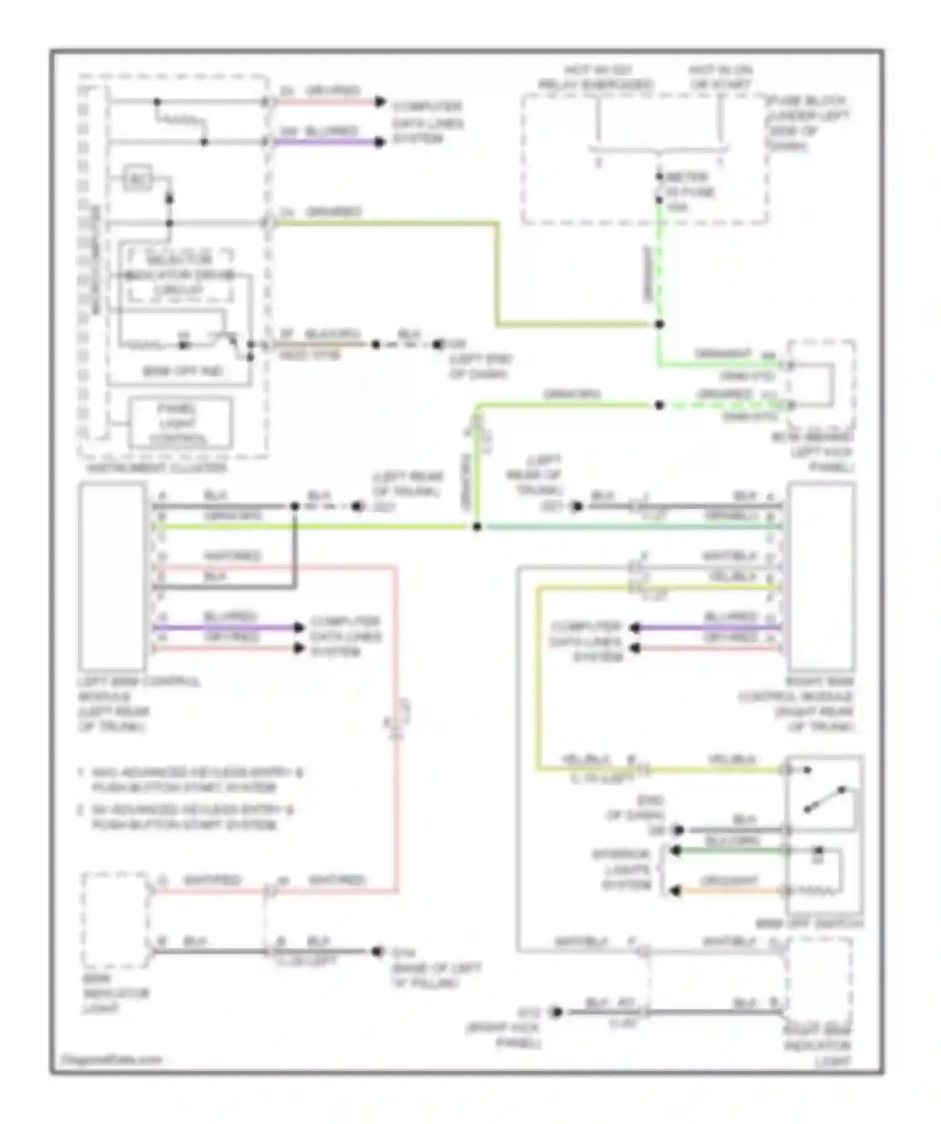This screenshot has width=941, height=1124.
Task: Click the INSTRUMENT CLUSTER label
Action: pos(156,468)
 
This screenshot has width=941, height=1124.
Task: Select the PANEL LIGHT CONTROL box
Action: pos(180,423)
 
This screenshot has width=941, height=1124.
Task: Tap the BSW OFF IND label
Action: pos(183,371)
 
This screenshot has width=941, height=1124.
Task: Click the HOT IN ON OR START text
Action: pos(720,77)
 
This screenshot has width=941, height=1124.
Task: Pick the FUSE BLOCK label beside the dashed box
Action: pos(808,123)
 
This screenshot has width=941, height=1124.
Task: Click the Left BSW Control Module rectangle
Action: pos(112,576)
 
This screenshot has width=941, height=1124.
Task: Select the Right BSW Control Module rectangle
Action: pos(821,576)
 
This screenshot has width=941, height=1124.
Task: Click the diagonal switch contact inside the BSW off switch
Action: pos(824,799)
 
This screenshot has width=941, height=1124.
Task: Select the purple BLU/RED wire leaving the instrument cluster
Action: pos(326,142)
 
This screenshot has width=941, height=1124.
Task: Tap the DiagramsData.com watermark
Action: pos(112,1060)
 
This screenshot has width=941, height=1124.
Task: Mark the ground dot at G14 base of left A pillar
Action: pos(377,951)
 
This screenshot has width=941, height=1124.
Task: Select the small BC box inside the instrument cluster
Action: pos(137,179)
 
